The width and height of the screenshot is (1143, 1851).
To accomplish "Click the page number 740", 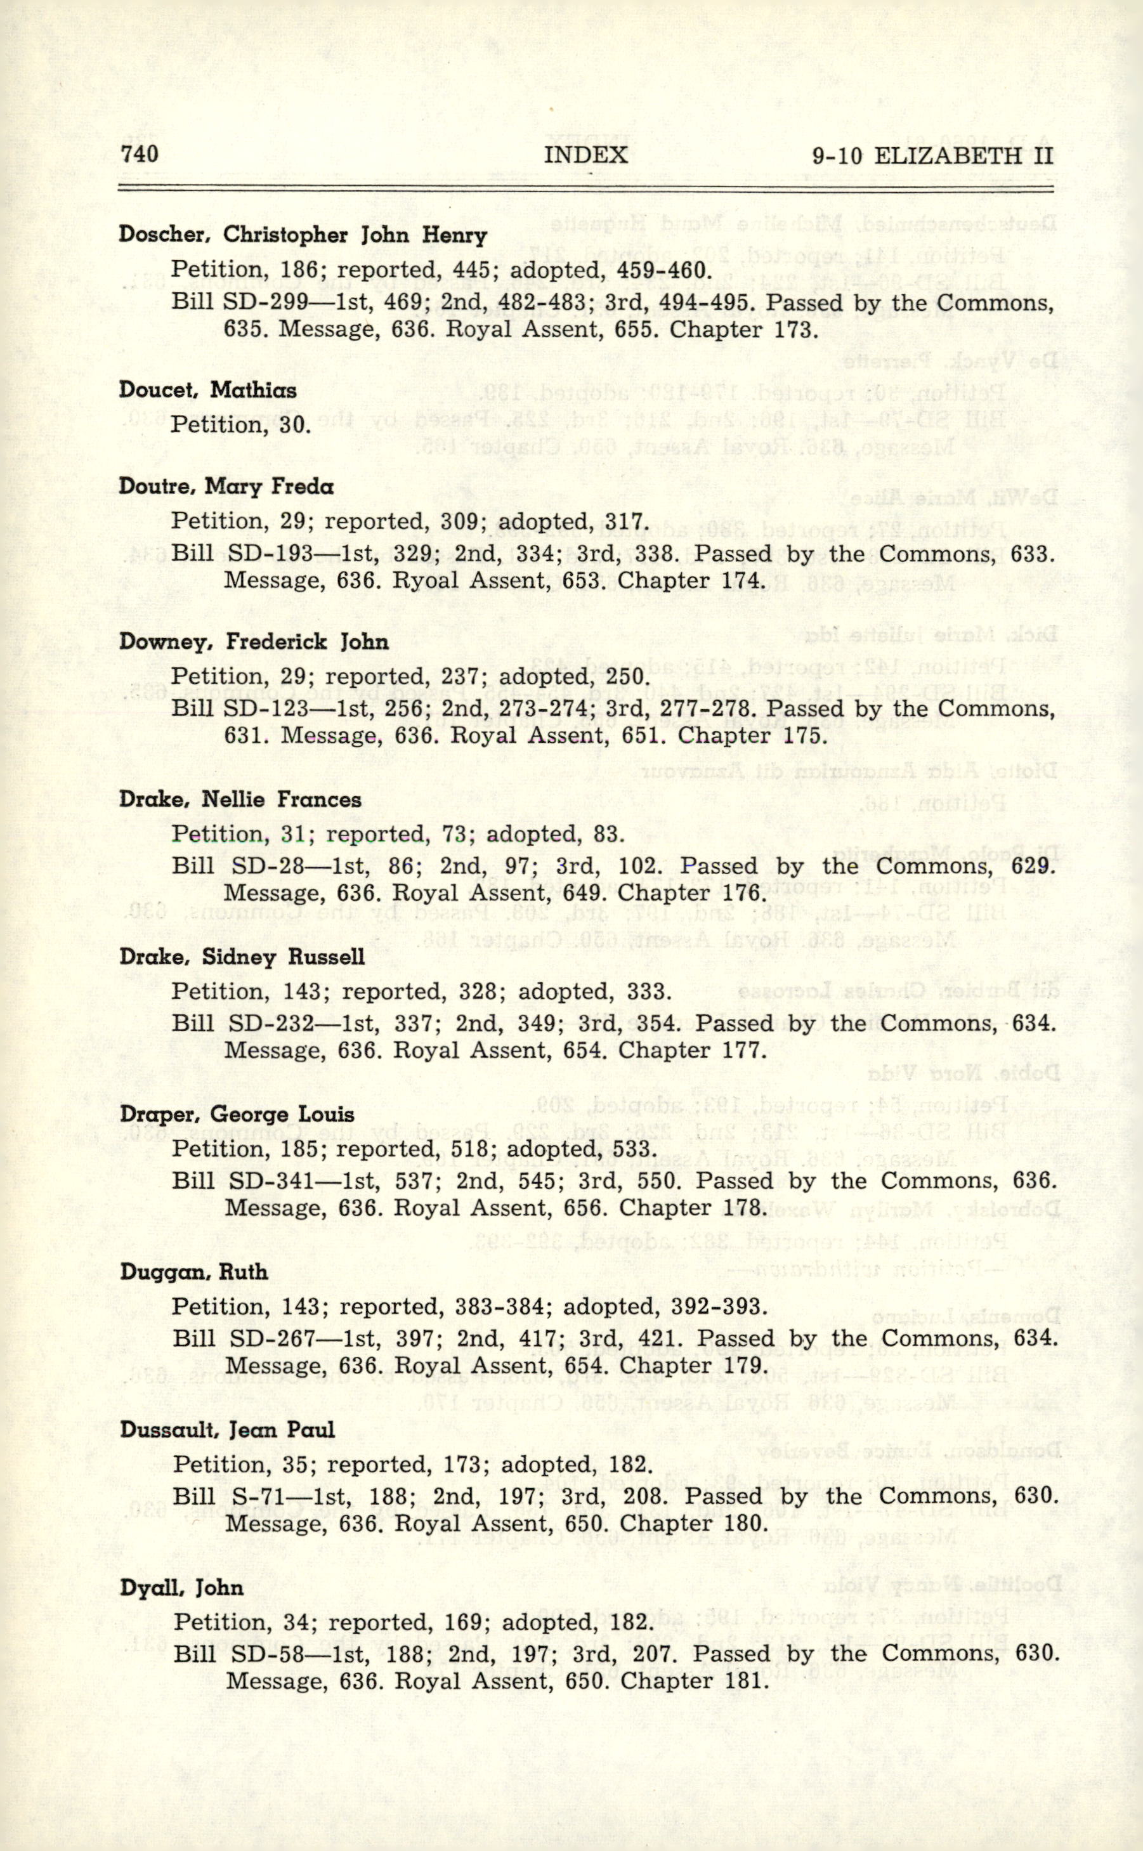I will coord(139,154).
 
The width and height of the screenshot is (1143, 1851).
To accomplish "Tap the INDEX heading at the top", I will coord(586,155).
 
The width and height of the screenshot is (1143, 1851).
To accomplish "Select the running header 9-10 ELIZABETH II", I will coord(932,157).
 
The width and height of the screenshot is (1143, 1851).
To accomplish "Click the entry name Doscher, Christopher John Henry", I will coord(303,235).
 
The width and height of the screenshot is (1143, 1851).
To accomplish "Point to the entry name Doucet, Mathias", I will coord(207,391).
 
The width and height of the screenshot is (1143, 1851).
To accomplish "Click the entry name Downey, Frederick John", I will coord(254,643).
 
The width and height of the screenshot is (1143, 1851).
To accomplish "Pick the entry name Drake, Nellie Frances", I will coord(240,800).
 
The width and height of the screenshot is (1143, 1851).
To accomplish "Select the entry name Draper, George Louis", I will coord(237,1115).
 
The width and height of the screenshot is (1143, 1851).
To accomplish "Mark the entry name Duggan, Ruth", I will coord(193,1272).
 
